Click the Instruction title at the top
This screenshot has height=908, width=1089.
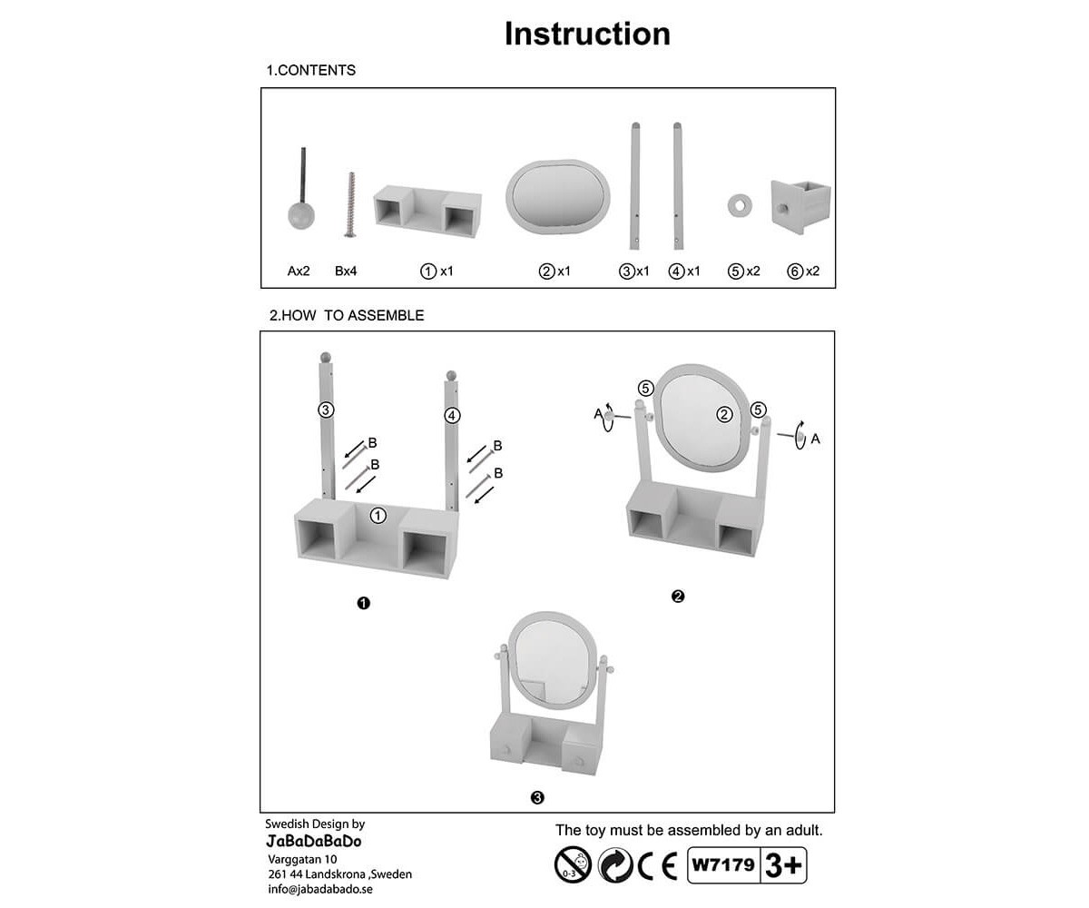[587, 35]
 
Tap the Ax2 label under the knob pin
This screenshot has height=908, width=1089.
[299, 271]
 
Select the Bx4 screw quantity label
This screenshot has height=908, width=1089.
[346, 271]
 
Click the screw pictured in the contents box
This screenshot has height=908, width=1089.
[350, 204]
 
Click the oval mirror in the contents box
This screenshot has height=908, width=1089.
[557, 197]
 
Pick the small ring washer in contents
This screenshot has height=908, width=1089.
[740, 205]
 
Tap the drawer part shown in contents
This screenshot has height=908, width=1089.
[800, 207]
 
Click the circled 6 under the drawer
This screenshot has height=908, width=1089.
[795, 271]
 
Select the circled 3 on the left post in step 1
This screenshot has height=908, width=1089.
[326, 410]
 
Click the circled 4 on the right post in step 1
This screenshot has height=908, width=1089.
[452, 416]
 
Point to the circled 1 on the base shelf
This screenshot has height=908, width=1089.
[378, 516]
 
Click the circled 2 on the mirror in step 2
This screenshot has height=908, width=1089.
[724, 414]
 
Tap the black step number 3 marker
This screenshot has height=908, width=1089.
[537, 797]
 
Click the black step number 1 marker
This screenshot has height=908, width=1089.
[364, 603]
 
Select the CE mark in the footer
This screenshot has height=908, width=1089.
[657, 865]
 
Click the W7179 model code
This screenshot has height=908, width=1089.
[723, 864]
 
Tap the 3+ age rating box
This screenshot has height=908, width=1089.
[783, 865]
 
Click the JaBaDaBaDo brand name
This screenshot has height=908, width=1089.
[313, 841]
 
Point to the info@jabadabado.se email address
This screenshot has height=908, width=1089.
[320, 889]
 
